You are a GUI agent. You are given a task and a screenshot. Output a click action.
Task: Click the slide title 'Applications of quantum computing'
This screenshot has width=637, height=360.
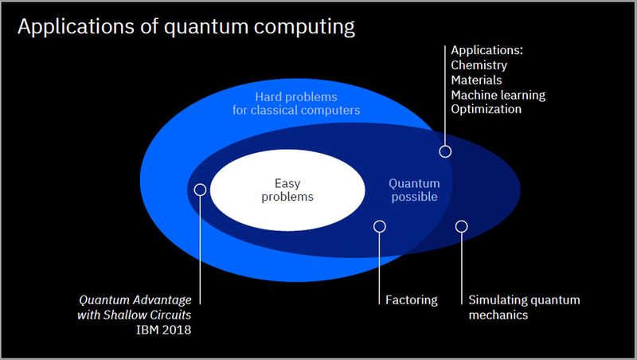(x=186, y=27)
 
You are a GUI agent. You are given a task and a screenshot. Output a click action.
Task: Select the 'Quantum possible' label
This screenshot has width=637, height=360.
(x=413, y=190)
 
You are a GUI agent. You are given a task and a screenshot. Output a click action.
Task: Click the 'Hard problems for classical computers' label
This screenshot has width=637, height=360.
(x=307, y=104)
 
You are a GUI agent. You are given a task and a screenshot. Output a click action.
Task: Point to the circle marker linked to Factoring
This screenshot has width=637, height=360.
(x=380, y=226)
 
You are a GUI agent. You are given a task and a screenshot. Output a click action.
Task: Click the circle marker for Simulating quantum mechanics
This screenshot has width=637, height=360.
(x=461, y=226)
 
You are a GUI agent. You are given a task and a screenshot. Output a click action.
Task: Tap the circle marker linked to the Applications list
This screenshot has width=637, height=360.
(x=445, y=151)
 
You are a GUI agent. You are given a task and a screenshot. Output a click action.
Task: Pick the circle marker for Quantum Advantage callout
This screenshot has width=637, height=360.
(x=200, y=190)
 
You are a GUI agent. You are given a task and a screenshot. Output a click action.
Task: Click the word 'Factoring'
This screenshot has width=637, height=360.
(x=411, y=300)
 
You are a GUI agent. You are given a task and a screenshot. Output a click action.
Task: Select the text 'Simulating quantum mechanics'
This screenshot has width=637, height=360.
(x=523, y=307)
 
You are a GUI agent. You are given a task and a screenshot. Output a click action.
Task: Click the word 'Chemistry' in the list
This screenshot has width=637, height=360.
(x=479, y=66)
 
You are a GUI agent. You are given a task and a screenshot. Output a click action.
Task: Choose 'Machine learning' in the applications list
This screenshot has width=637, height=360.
(x=498, y=95)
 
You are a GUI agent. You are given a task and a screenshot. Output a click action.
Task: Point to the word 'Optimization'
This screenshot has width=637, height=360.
(x=486, y=109)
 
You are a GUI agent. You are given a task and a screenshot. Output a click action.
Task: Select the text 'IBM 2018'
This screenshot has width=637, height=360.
(x=169, y=329)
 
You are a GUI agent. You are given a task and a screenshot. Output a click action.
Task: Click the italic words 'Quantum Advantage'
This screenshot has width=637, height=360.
(x=135, y=300)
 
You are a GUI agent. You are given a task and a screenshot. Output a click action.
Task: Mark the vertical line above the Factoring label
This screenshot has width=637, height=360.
(x=380, y=267)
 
